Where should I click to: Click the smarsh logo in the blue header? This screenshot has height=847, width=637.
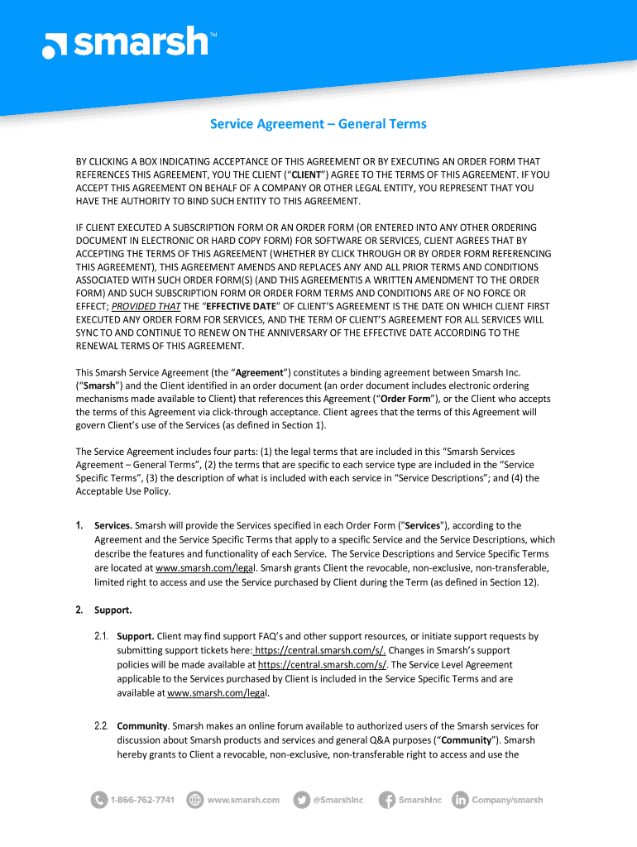tap(125, 42)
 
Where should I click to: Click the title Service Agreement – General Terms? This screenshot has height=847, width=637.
tap(318, 124)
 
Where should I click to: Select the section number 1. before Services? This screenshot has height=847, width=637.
tap(79, 525)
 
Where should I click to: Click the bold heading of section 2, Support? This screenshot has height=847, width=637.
tap(113, 610)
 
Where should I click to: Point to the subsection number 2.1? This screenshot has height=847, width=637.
tap(102, 637)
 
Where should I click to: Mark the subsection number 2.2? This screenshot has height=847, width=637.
tap(102, 726)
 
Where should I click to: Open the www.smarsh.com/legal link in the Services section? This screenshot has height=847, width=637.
tap(207, 568)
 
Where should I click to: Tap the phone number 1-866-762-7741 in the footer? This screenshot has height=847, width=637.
tap(142, 800)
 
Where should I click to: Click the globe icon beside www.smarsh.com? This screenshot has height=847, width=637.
tap(195, 800)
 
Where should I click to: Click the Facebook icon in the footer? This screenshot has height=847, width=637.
tap(386, 800)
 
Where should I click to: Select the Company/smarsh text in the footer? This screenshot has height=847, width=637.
tap(507, 800)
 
